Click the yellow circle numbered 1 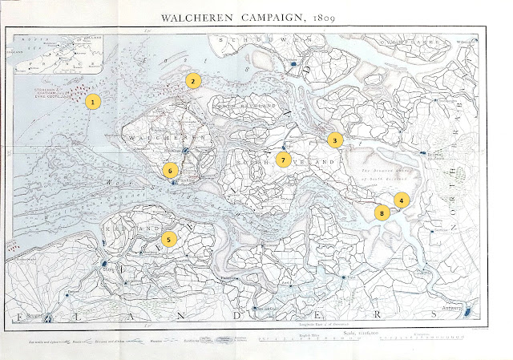click(94, 102)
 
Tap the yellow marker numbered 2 click(192, 80)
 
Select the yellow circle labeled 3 click(335, 140)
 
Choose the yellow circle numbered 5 click(168, 238)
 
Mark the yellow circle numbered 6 click(170, 170)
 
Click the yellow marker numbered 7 click(283, 159)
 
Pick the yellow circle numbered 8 click(382, 213)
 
